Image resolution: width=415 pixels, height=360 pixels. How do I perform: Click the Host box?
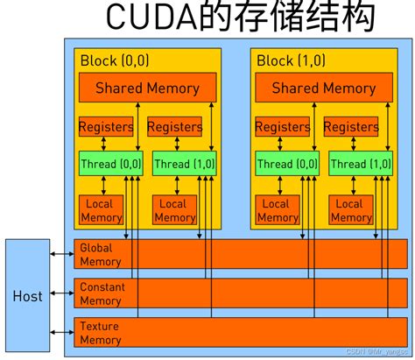[27, 296]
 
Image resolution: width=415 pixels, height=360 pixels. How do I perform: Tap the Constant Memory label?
[102, 293]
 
